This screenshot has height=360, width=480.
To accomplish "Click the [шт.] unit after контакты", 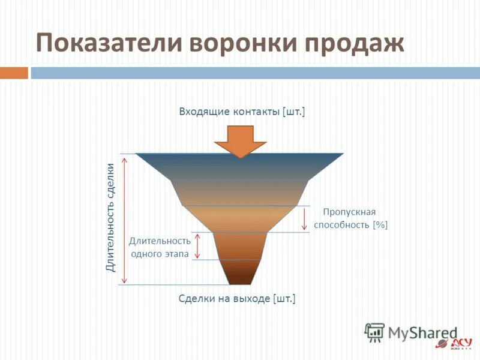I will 293,112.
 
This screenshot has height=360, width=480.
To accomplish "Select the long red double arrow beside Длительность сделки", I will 124,219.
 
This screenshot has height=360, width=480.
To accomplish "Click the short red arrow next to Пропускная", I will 305,218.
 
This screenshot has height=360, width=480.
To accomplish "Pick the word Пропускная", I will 349,212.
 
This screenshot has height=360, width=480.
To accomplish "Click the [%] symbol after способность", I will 380,225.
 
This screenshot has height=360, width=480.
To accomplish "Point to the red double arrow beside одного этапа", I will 198,246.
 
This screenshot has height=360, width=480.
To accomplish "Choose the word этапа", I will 174,254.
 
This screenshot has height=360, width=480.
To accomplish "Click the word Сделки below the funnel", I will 195,298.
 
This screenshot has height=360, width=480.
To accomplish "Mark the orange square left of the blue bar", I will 14,73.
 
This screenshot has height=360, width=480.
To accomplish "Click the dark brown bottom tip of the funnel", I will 240,277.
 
